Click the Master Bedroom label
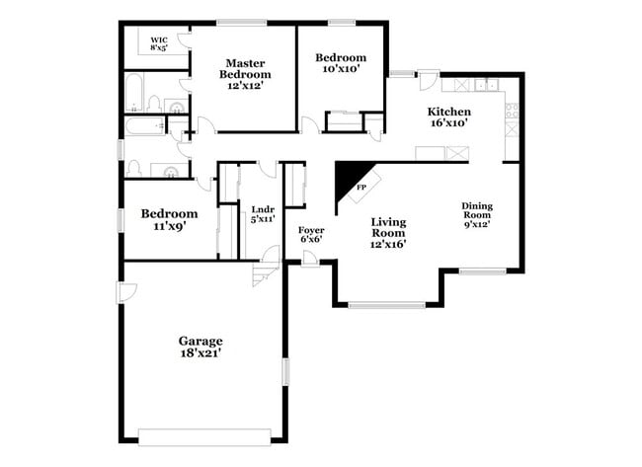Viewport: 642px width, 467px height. pyautogui.click(x=245, y=74)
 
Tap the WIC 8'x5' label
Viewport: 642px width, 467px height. pyautogui.click(x=159, y=42)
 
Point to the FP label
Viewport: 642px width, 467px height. pyautogui.click(x=361, y=187)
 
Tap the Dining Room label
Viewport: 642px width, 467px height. pyautogui.click(x=477, y=214)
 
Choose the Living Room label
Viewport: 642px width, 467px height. pyautogui.click(x=388, y=231)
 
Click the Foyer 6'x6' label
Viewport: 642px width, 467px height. pyautogui.click(x=310, y=234)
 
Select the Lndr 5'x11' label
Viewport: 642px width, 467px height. pyautogui.click(x=262, y=215)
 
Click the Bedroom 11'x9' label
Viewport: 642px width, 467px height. pyautogui.click(x=169, y=219)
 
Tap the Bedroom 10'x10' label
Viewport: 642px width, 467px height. pyautogui.click(x=341, y=63)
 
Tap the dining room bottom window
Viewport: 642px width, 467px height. pyautogui.click(x=483, y=271)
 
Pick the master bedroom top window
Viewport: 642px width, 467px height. pyautogui.click(x=241, y=22)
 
